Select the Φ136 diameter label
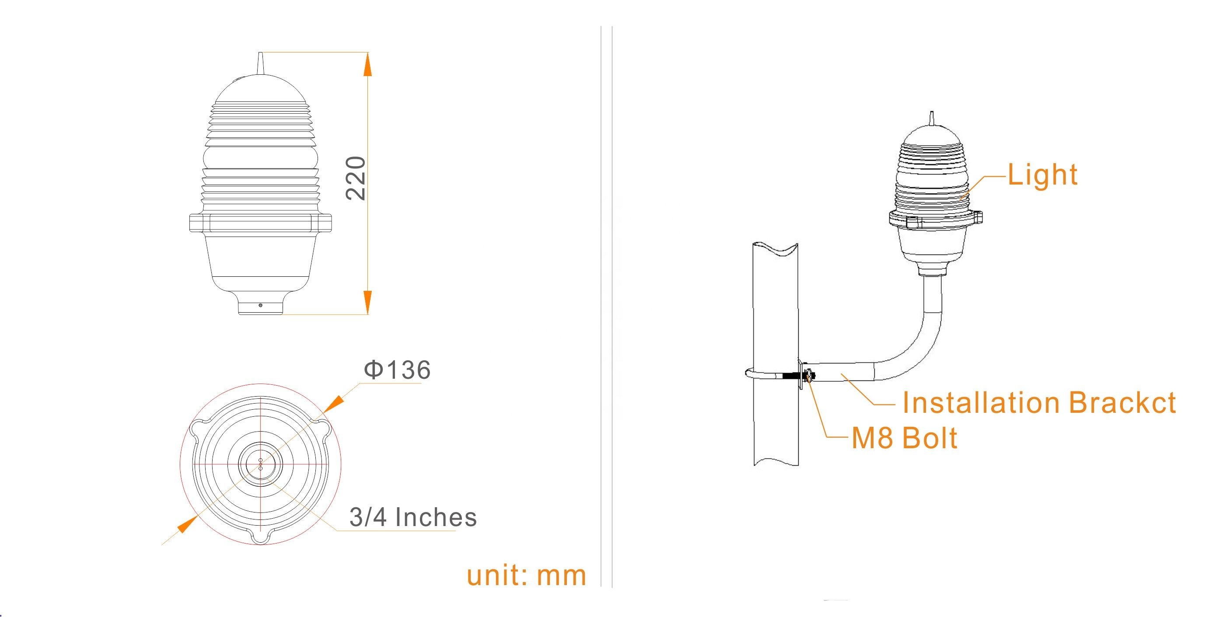[397, 370]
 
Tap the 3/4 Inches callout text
[413, 517]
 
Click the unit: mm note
[526, 575]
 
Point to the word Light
[1042, 174]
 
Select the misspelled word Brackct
[1122, 403]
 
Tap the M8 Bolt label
[905, 438]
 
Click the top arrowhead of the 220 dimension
[368, 64]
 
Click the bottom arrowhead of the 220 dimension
[368, 302]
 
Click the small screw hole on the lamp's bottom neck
[260, 305]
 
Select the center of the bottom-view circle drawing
[261, 464]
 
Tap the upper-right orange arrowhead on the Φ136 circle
[333, 402]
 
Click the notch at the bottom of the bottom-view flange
[261, 538]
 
